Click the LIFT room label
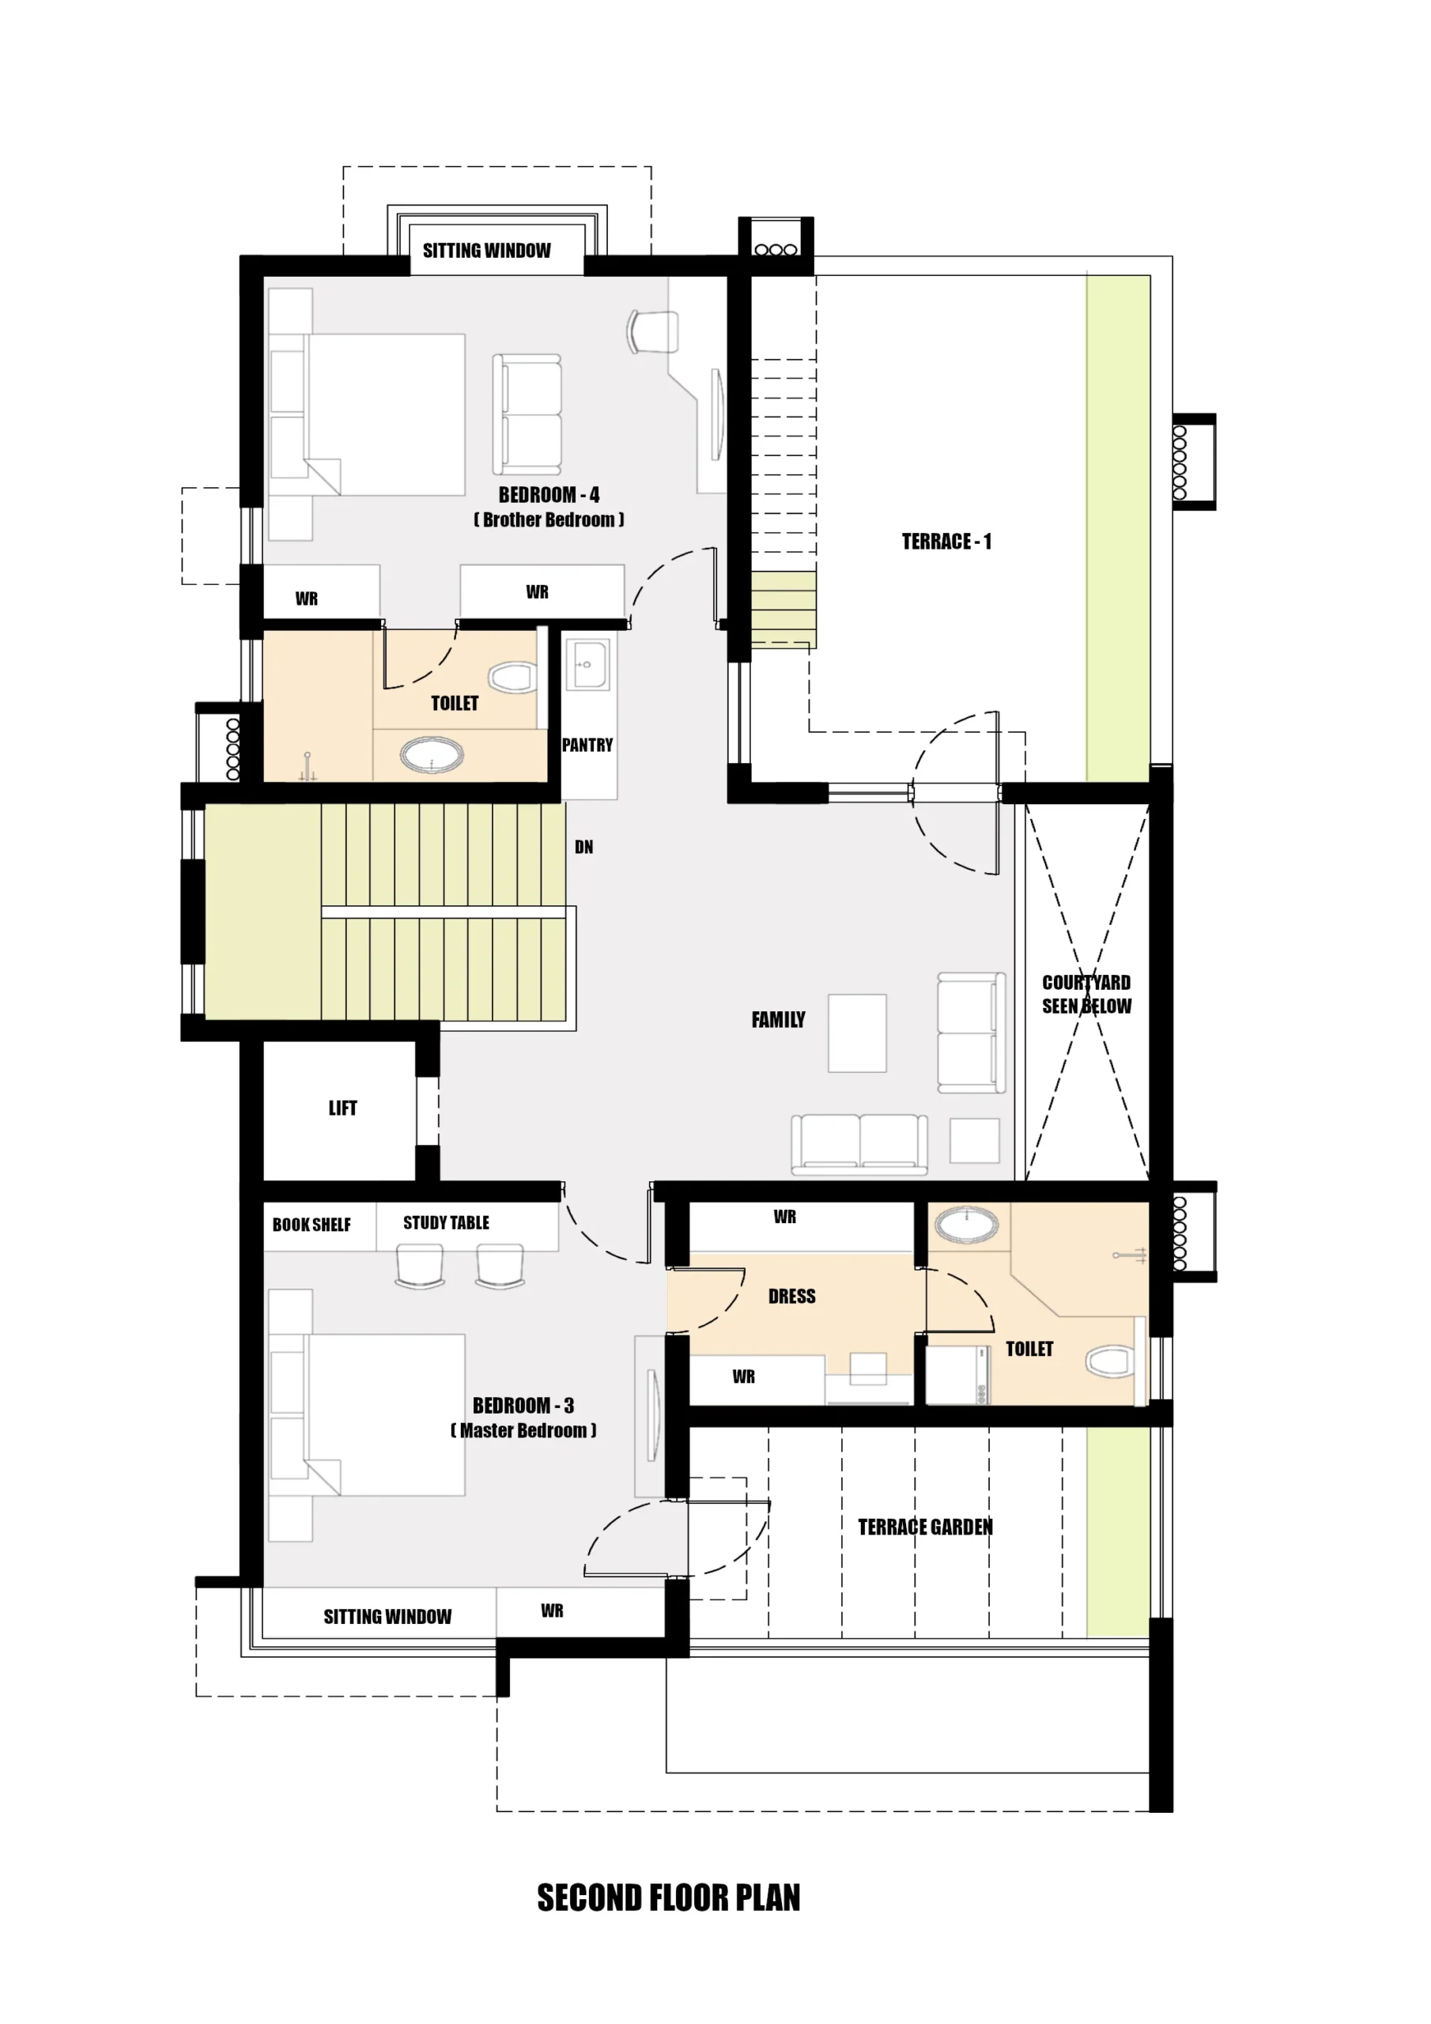click(x=343, y=1108)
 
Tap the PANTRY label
click(x=587, y=745)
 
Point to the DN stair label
click(x=583, y=847)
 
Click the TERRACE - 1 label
click(x=946, y=542)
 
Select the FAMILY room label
click(x=778, y=1020)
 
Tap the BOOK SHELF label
click(x=311, y=1225)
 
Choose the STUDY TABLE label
click(x=446, y=1222)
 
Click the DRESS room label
click(x=791, y=1296)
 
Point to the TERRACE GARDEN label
click(x=925, y=1527)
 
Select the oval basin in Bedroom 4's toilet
click(x=431, y=754)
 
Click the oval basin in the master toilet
click(x=966, y=1225)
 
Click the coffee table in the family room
click(x=857, y=1033)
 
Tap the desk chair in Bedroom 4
click(x=652, y=331)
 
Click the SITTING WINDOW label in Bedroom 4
click(x=487, y=251)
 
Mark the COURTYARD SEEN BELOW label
click(x=1086, y=995)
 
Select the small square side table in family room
click(x=974, y=1141)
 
